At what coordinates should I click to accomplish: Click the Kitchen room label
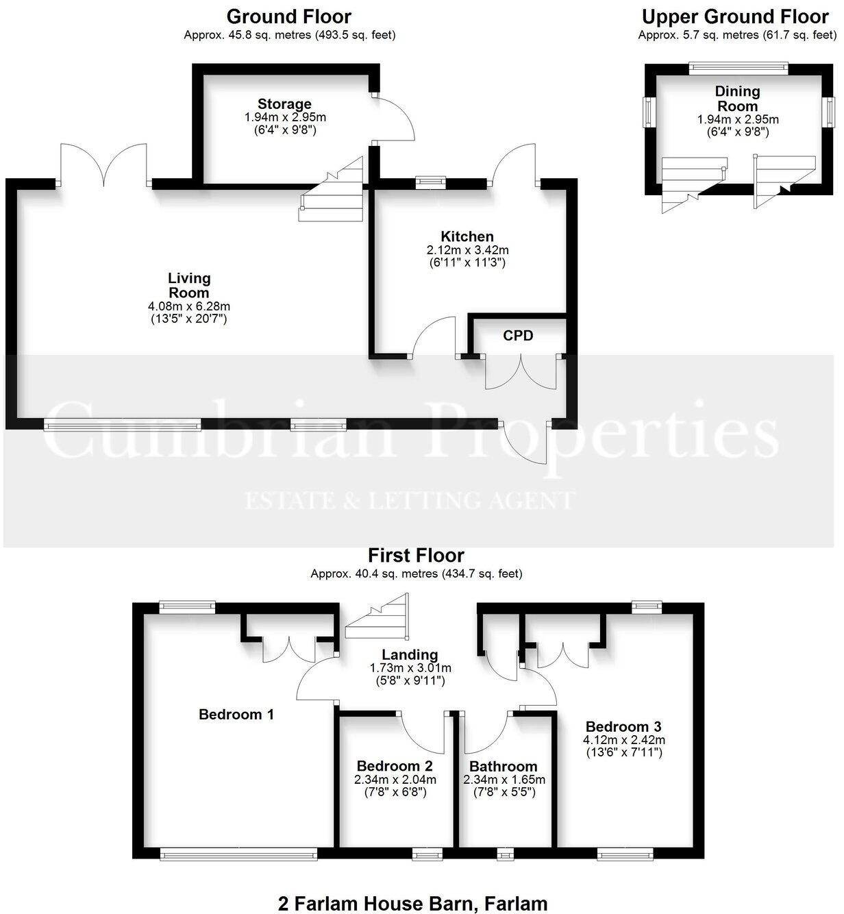tap(467, 237)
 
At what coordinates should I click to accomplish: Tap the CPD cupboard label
tap(517, 336)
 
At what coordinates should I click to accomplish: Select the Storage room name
tap(284, 104)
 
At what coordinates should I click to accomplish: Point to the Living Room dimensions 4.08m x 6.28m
tap(189, 306)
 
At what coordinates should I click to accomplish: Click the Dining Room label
tap(737, 99)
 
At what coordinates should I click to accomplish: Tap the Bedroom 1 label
tap(236, 715)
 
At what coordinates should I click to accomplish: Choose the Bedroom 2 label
tap(395, 766)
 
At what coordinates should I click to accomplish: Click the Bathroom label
tap(503, 767)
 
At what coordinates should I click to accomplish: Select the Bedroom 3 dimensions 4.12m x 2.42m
tap(623, 740)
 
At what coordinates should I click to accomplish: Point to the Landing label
tap(410, 655)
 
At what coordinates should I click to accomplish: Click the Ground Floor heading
tap(289, 16)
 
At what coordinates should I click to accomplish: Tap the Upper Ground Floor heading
tap(735, 16)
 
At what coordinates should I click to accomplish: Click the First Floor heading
tap(416, 555)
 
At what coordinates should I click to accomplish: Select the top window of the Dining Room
tap(738, 67)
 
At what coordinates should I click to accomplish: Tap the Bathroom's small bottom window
tap(505, 854)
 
